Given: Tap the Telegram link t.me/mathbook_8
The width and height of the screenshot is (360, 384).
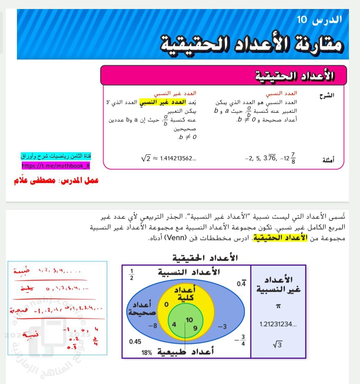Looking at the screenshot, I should coord(56,166).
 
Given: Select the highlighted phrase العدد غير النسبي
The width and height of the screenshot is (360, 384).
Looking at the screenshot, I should coord(163,102).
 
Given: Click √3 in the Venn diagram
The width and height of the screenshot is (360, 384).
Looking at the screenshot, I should coord(277,345).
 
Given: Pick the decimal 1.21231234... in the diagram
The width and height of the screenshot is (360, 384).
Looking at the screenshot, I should coord(278,324).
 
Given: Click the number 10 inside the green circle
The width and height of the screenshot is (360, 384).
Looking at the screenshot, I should coord(189,320).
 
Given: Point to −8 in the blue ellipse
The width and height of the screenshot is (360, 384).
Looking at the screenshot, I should coord(153,326).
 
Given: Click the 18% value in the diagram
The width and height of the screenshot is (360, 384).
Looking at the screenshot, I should coord(147,353).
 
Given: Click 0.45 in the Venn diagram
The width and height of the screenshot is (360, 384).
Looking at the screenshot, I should coord(135,342).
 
